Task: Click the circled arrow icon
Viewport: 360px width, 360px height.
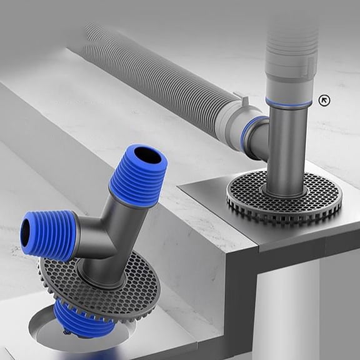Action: point(324,99)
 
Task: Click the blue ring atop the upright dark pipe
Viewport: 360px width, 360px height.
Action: point(288,102)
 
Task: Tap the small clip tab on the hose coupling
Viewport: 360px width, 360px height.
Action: point(238,97)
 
